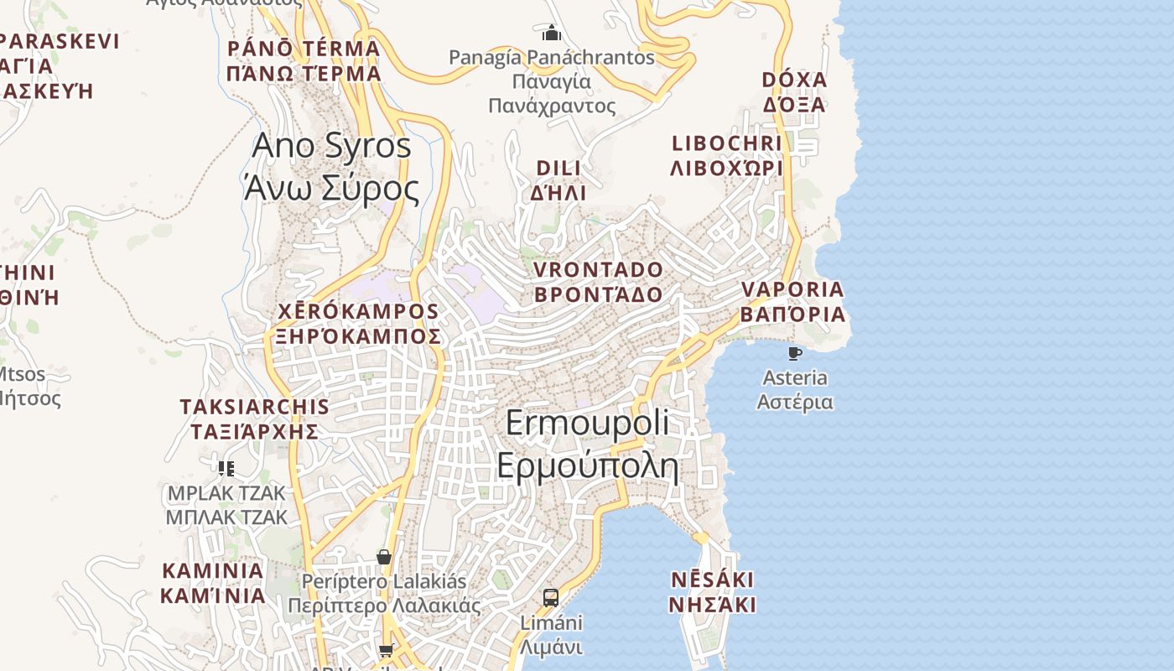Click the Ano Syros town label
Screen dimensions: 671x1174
click(x=331, y=167)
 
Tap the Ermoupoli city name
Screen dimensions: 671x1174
click(x=588, y=444)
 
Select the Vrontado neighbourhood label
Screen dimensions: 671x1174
click(x=598, y=282)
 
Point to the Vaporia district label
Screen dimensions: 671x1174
click(x=792, y=302)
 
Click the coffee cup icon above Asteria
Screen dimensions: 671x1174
click(x=795, y=354)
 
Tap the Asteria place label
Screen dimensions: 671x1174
click(x=795, y=390)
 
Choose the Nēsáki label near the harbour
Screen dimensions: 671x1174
click(x=713, y=592)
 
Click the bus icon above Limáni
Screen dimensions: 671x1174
click(x=551, y=598)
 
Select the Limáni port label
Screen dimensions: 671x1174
click(x=551, y=635)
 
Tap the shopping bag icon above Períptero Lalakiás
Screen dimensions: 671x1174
click(x=384, y=557)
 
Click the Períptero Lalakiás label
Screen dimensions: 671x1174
click(x=384, y=593)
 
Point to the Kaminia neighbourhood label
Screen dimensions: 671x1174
click(x=213, y=583)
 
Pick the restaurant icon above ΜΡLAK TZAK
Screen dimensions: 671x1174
click(x=226, y=468)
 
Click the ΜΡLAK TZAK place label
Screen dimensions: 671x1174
click(x=226, y=504)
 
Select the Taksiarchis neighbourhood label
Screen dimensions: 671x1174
click(x=254, y=419)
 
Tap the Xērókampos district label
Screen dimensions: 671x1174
click(x=358, y=324)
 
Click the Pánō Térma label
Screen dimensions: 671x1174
click(x=304, y=60)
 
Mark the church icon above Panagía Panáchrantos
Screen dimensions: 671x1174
click(x=552, y=34)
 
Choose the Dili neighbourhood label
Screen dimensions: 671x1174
click(x=558, y=180)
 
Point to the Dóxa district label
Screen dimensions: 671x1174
click(x=794, y=92)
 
